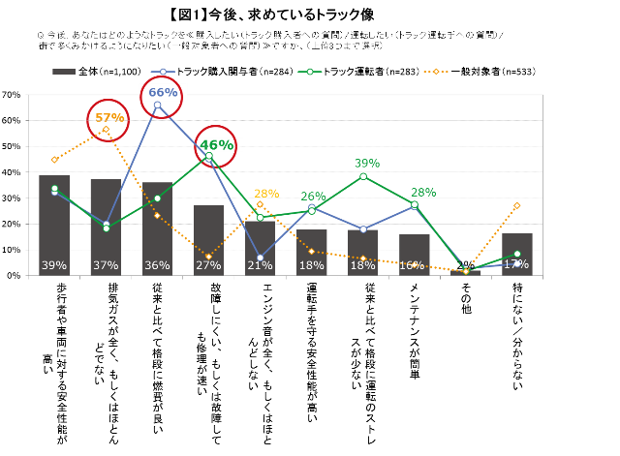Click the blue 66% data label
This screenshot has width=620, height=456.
(163, 93)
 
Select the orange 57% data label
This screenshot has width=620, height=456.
(109, 118)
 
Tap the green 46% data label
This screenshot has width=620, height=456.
(216, 144)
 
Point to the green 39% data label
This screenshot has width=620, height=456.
(367, 163)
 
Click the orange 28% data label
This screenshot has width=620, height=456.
(266, 194)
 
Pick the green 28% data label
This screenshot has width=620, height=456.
(423, 192)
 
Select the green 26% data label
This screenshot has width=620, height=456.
(313, 197)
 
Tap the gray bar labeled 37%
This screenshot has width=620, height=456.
(106, 228)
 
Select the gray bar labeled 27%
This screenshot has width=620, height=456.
(208, 240)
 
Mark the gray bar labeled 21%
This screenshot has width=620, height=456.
(260, 248)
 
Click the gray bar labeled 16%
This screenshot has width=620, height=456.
(414, 254)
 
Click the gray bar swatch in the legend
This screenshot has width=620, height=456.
(64, 72)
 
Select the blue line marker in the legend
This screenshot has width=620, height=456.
(163, 72)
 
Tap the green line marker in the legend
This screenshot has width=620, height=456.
(310, 72)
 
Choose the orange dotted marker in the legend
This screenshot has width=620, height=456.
(436, 72)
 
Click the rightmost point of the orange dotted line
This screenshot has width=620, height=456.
(517, 205)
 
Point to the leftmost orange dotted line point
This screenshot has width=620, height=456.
(54, 160)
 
